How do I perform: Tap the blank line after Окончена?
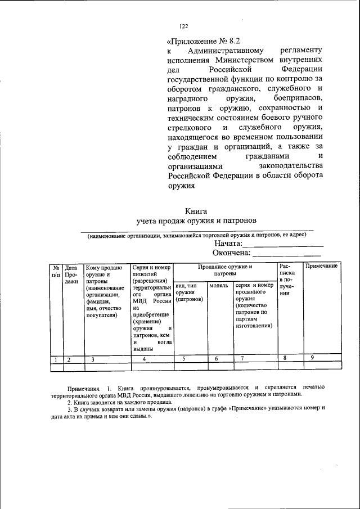pos(287,255)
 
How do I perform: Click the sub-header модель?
pos(218,286)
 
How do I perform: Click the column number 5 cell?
pos(183,359)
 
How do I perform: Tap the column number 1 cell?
pos(56,359)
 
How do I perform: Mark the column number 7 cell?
pos(242,359)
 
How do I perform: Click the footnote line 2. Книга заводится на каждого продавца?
pos(120,402)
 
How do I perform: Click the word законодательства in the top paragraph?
pos(290,166)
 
